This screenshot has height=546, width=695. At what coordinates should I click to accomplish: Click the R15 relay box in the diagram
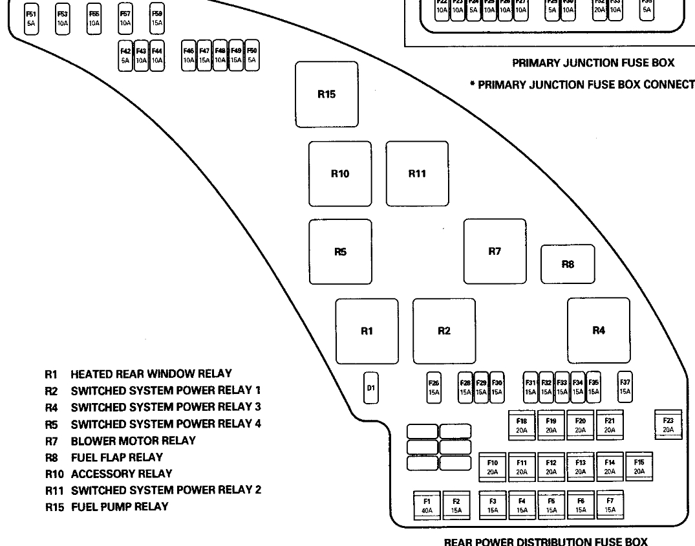(326, 94)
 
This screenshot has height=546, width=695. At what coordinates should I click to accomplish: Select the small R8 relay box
(568, 264)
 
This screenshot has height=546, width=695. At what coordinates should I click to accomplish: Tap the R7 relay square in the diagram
(495, 252)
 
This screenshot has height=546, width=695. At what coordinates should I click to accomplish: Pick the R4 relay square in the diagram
(599, 331)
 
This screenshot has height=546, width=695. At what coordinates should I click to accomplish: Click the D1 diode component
(370, 388)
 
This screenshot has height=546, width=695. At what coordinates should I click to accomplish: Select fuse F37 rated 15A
(625, 387)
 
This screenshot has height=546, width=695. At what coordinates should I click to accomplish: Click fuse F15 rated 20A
(639, 466)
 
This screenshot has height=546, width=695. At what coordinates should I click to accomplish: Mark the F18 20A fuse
(522, 424)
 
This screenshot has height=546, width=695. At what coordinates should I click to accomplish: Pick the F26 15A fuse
(434, 387)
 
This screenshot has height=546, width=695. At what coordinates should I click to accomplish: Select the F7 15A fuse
(610, 505)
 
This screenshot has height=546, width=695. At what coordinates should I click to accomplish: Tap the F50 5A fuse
(252, 55)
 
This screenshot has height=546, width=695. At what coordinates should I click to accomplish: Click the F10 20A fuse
(492, 466)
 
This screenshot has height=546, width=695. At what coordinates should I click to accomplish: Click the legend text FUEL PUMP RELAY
(120, 507)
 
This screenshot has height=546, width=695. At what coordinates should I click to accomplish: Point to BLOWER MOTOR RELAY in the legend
(133, 441)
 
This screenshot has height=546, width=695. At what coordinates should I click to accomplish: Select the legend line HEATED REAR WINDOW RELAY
(151, 374)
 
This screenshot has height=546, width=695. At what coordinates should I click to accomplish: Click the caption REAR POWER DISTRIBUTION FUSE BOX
(545, 541)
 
